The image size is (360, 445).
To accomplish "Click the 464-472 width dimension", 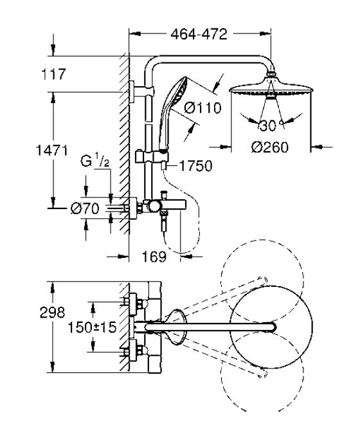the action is tap(199, 34).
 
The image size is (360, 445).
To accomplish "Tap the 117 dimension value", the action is tap(53, 74).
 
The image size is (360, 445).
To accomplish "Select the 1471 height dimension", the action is tap(52, 150).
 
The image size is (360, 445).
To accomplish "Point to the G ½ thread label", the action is tap(94, 161).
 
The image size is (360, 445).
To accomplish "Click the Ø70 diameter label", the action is tap(85, 208).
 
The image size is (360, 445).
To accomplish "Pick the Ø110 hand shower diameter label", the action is tap(203, 108).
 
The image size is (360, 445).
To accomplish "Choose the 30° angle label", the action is tap(270, 125).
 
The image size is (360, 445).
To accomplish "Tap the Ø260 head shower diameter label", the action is tap(270, 147).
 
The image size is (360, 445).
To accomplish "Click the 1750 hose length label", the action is tap(195, 166).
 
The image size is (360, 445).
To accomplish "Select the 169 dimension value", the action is tap(154, 257).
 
